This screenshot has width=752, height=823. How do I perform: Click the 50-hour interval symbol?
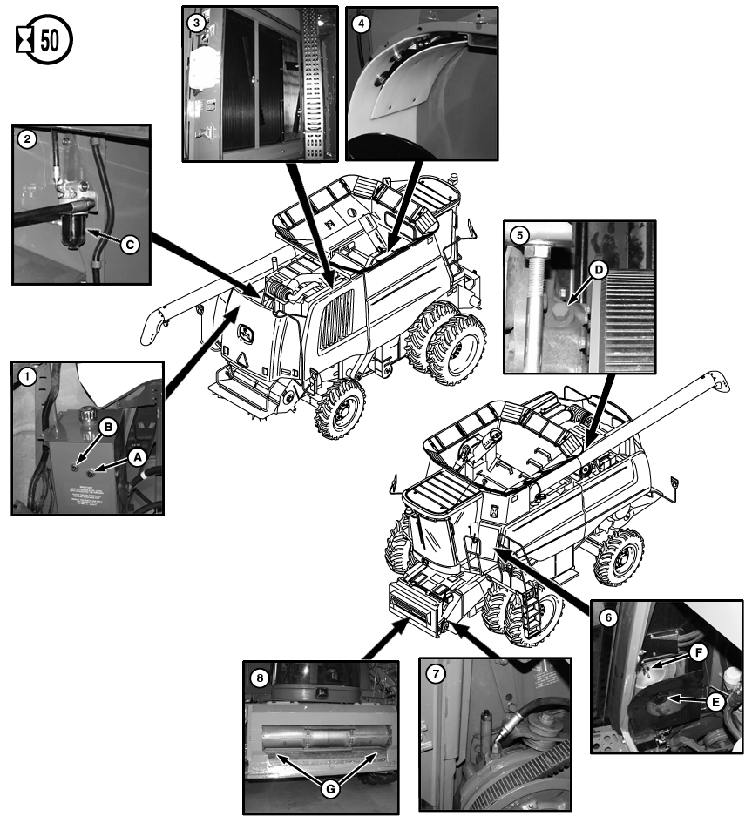(x=44, y=41)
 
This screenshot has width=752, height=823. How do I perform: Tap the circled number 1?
(x=28, y=377)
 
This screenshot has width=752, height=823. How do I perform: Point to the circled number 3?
(x=199, y=23)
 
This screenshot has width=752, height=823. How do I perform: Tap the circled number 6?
(x=608, y=616)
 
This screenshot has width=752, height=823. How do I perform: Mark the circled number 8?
(x=259, y=676)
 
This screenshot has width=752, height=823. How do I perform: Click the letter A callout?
(x=137, y=454)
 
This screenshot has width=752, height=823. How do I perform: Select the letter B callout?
(x=109, y=427)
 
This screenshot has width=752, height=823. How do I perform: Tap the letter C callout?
(x=128, y=246)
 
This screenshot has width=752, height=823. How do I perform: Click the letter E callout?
(x=714, y=699)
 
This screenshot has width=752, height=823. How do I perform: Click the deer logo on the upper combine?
(x=246, y=334)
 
